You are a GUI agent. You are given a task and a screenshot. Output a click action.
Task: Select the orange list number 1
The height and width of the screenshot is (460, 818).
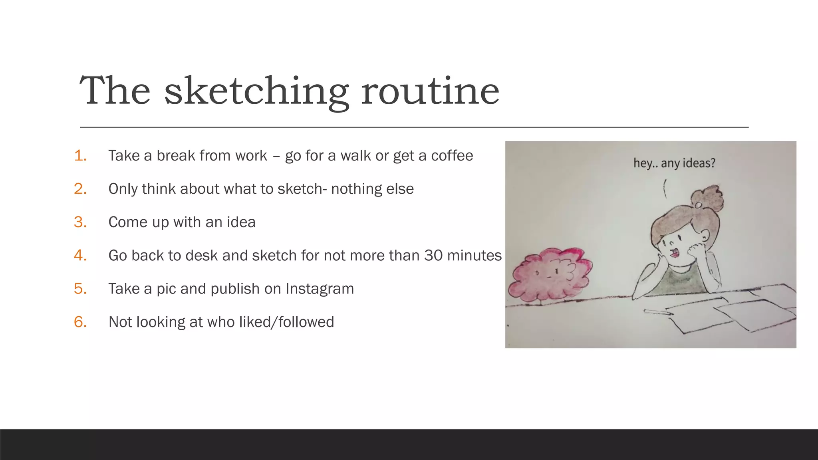(80, 156)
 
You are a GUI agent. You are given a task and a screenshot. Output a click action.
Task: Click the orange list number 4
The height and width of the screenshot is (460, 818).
(80, 256)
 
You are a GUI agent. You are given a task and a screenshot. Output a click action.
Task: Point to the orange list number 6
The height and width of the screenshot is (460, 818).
(80, 322)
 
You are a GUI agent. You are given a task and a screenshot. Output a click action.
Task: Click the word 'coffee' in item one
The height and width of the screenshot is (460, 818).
(452, 156)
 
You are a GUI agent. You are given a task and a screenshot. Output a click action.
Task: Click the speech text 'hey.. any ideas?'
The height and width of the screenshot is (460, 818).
(674, 163)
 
